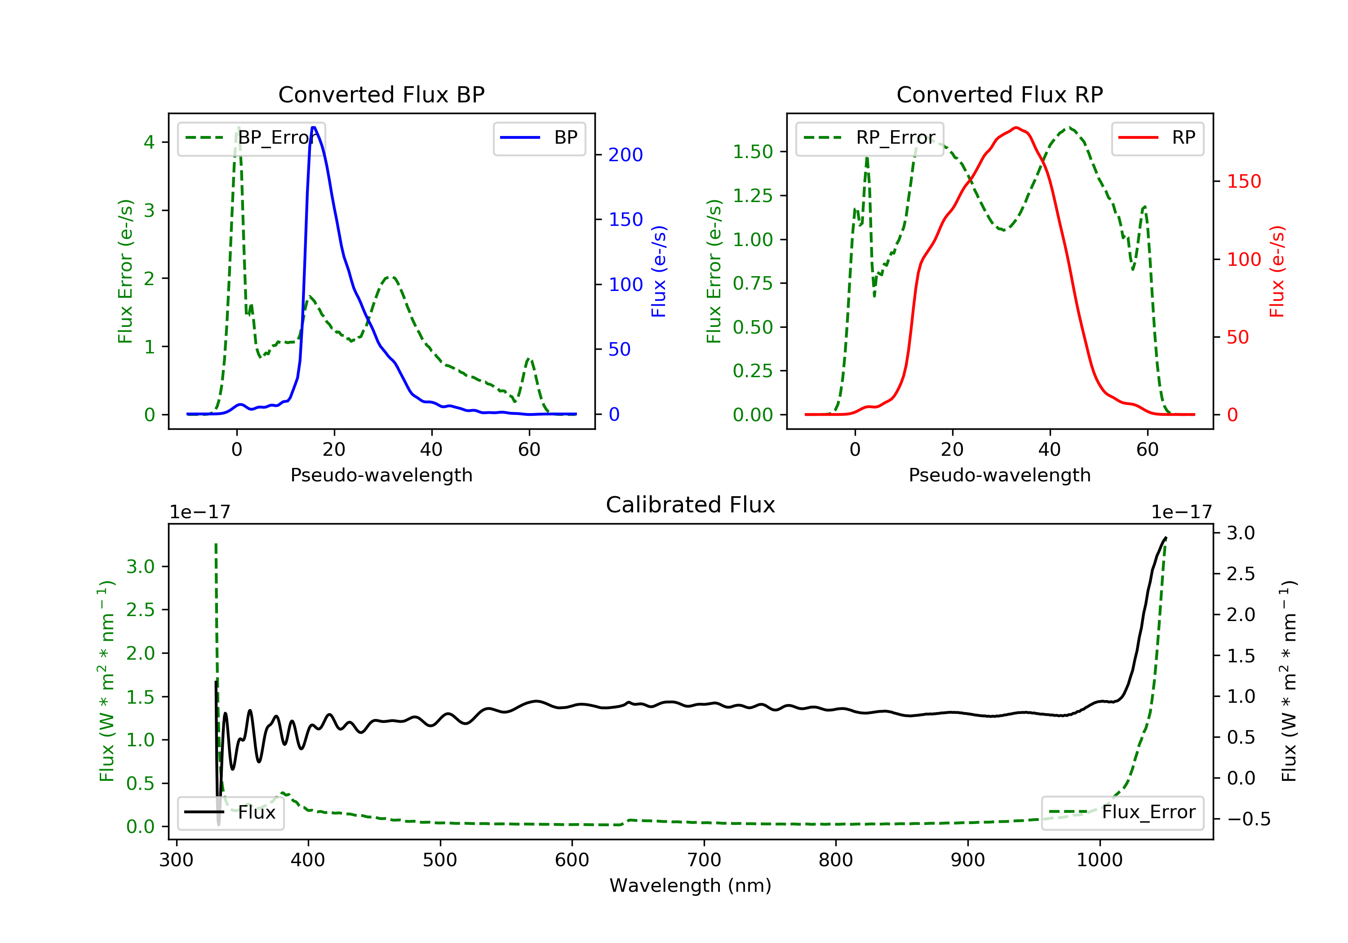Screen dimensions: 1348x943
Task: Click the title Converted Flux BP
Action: pyautogui.click(x=381, y=94)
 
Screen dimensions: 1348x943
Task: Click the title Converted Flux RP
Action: pyautogui.click(x=1000, y=94)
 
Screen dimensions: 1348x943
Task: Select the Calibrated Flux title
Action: pyautogui.click(x=691, y=505)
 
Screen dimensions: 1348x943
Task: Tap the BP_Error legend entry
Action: pyautogui.click(x=251, y=138)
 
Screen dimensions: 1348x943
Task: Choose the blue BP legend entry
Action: pyautogui.click(x=539, y=138)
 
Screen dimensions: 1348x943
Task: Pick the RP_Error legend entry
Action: pyautogui.click(x=869, y=138)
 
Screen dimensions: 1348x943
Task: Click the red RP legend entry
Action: pyautogui.click(x=1157, y=138)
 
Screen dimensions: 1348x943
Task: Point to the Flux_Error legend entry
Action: pyautogui.click(x=1122, y=812)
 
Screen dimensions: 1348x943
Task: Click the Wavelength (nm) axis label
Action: pyautogui.click(x=691, y=885)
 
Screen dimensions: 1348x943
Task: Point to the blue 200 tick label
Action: pyautogui.click(x=625, y=155)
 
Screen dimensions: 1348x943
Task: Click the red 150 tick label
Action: pyautogui.click(x=1244, y=181)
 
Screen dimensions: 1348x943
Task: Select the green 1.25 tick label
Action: pyautogui.click(x=753, y=195)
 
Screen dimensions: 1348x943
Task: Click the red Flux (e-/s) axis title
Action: pyautogui.click(x=1277, y=272)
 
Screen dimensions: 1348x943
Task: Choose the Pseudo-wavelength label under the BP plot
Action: pyautogui.click(x=381, y=475)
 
